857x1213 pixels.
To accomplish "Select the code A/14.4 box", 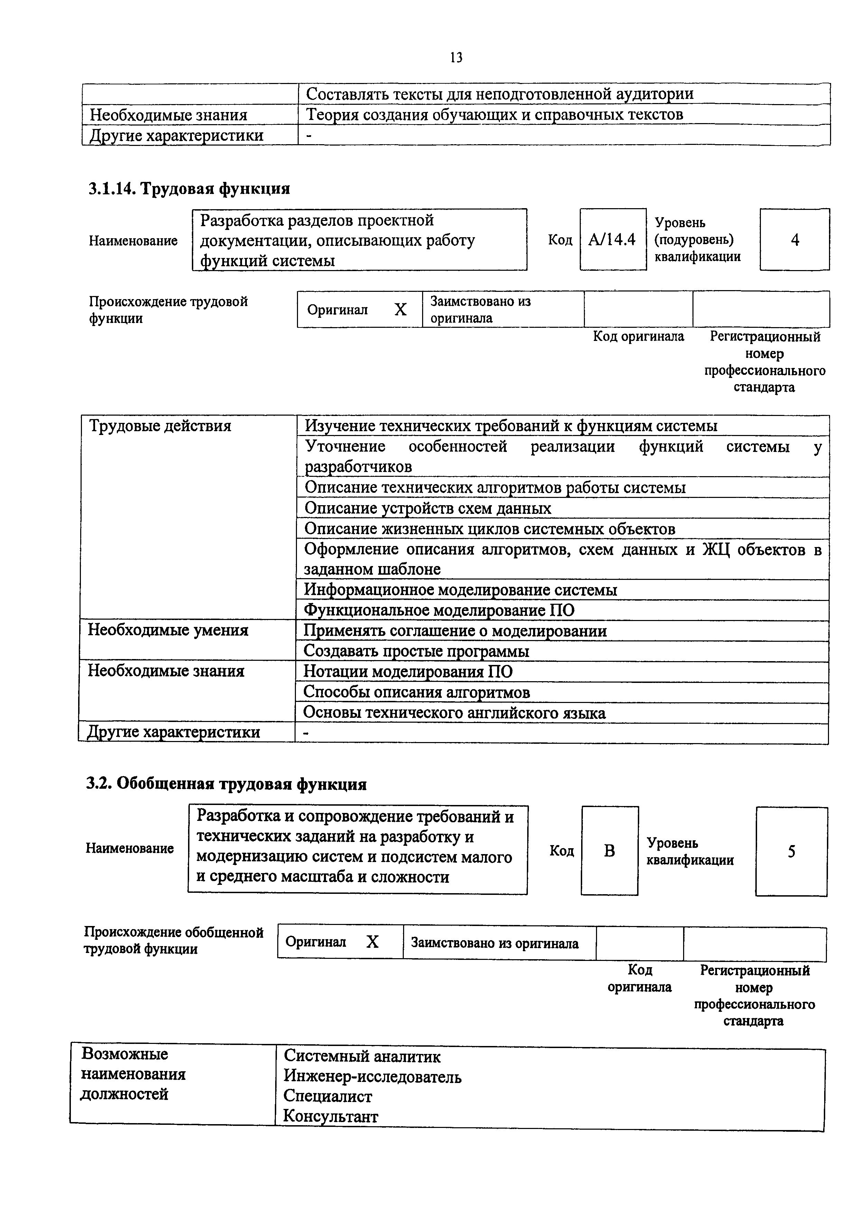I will [x=613, y=240].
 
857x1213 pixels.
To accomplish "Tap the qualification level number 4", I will [x=795, y=240].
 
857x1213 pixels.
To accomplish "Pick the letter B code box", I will [x=609, y=851].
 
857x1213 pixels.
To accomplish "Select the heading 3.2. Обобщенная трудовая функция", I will [x=226, y=784].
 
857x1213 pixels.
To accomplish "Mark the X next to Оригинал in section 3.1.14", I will [x=401, y=309].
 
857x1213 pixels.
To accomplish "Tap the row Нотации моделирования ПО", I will [x=408, y=672].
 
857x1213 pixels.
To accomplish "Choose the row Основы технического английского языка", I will [x=454, y=713].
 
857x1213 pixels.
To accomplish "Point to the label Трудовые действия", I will [x=160, y=426].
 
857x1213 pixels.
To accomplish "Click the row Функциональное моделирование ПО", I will [x=439, y=610].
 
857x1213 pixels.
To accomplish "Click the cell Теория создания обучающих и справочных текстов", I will [x=494, y=115].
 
